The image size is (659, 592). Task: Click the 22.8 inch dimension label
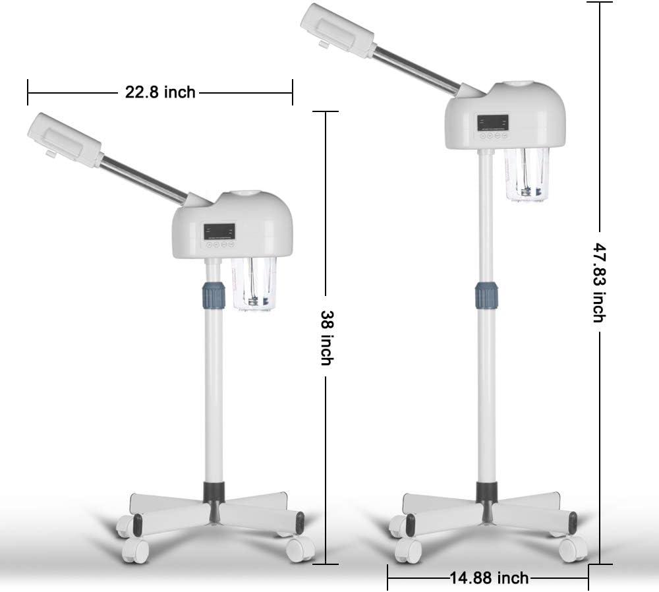[x=160, y=92]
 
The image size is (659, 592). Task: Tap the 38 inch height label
[x=327, y=338]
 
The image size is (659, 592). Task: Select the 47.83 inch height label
[x=599, y=283]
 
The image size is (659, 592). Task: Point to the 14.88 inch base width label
[x=489, y=578]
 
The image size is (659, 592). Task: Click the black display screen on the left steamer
[x=219, y=231]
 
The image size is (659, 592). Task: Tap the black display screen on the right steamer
[x=492, y=123]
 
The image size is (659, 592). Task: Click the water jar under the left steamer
[x=254, y=284]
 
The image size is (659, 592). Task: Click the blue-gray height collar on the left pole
[x=214, y=295]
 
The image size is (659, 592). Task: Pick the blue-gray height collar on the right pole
[x=487, y=295]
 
